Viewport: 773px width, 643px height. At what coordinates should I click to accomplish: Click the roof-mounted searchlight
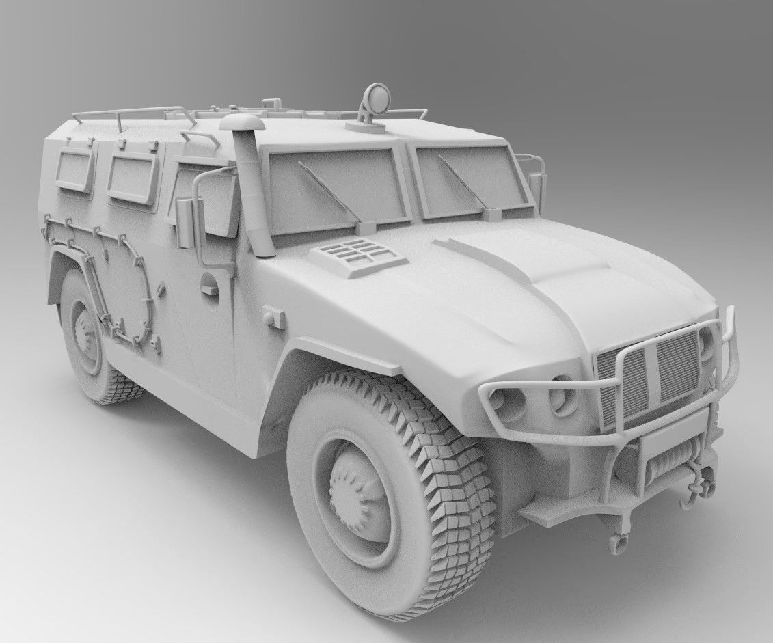(x=375, y=100)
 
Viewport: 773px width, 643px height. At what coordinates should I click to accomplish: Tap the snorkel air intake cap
(x=241, y=123)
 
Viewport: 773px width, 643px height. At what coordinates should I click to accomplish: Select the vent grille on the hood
(x=357, y=256)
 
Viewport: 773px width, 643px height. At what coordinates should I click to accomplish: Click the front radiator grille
(x=649, y=372)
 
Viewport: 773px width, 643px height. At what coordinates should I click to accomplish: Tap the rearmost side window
(x=74, y=170)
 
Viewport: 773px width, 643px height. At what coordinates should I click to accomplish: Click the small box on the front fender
(x=274, y=317)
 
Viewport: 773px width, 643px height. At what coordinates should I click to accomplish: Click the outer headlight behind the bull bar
(x=506, y=404)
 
